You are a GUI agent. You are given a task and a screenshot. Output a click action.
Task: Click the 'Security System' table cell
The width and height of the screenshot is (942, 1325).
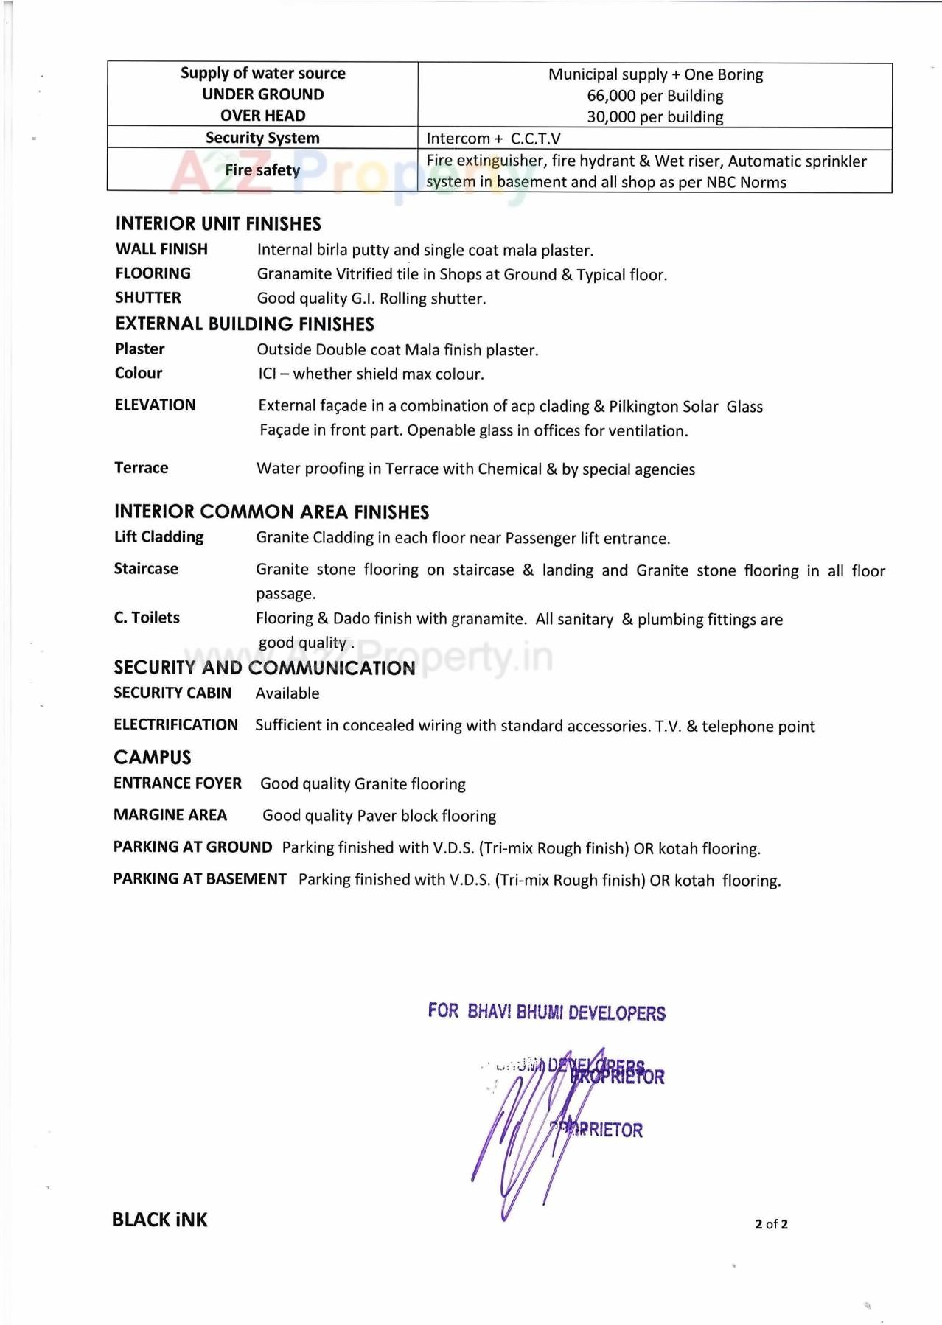click(262, 138)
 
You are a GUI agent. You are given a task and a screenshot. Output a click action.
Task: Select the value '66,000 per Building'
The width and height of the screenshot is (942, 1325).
click(655, 96)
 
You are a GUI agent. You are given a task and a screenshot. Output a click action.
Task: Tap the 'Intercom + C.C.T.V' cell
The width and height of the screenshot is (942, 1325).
click(493, 139)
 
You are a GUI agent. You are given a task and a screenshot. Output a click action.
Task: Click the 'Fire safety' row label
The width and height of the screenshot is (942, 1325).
click(262, 170)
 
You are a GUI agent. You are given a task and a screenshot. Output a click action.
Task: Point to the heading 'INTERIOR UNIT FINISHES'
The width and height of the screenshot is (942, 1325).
click(218, 223)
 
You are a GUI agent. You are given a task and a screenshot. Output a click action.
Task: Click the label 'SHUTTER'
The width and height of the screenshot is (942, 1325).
click(148, 298)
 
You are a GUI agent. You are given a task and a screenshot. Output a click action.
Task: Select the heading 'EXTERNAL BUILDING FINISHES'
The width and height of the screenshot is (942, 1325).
click(245, 324)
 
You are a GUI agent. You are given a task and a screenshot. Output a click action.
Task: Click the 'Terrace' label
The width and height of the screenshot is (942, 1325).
click(142, 468)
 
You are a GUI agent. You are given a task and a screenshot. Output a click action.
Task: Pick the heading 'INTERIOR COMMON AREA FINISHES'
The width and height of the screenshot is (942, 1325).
click(271, 511)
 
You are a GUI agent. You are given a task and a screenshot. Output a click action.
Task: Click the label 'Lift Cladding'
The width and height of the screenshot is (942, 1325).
click(158, 536)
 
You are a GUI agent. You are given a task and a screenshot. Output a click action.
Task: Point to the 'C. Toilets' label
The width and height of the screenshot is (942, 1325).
click(147, 618)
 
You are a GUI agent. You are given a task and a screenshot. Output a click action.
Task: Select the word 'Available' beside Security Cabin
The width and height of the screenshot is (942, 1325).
click(287, 693)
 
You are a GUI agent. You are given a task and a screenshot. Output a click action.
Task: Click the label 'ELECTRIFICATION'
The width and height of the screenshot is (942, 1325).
click(175, 724)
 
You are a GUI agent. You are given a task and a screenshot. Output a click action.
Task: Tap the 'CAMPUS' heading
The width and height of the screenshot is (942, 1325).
click(153, 758)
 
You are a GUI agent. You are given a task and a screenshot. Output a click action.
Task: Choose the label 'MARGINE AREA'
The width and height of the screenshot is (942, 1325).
click(170, 815)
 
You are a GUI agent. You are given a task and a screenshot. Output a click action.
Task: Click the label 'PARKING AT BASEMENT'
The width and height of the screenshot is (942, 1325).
click(200, 879)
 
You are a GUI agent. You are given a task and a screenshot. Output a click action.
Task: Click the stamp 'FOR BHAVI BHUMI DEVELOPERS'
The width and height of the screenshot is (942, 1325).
click(546, 1012)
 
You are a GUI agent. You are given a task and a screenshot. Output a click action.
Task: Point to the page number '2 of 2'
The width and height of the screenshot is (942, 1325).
click(771, 1224)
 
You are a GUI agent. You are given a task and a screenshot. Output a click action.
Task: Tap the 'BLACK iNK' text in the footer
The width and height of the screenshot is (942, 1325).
click(160, 1220)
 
